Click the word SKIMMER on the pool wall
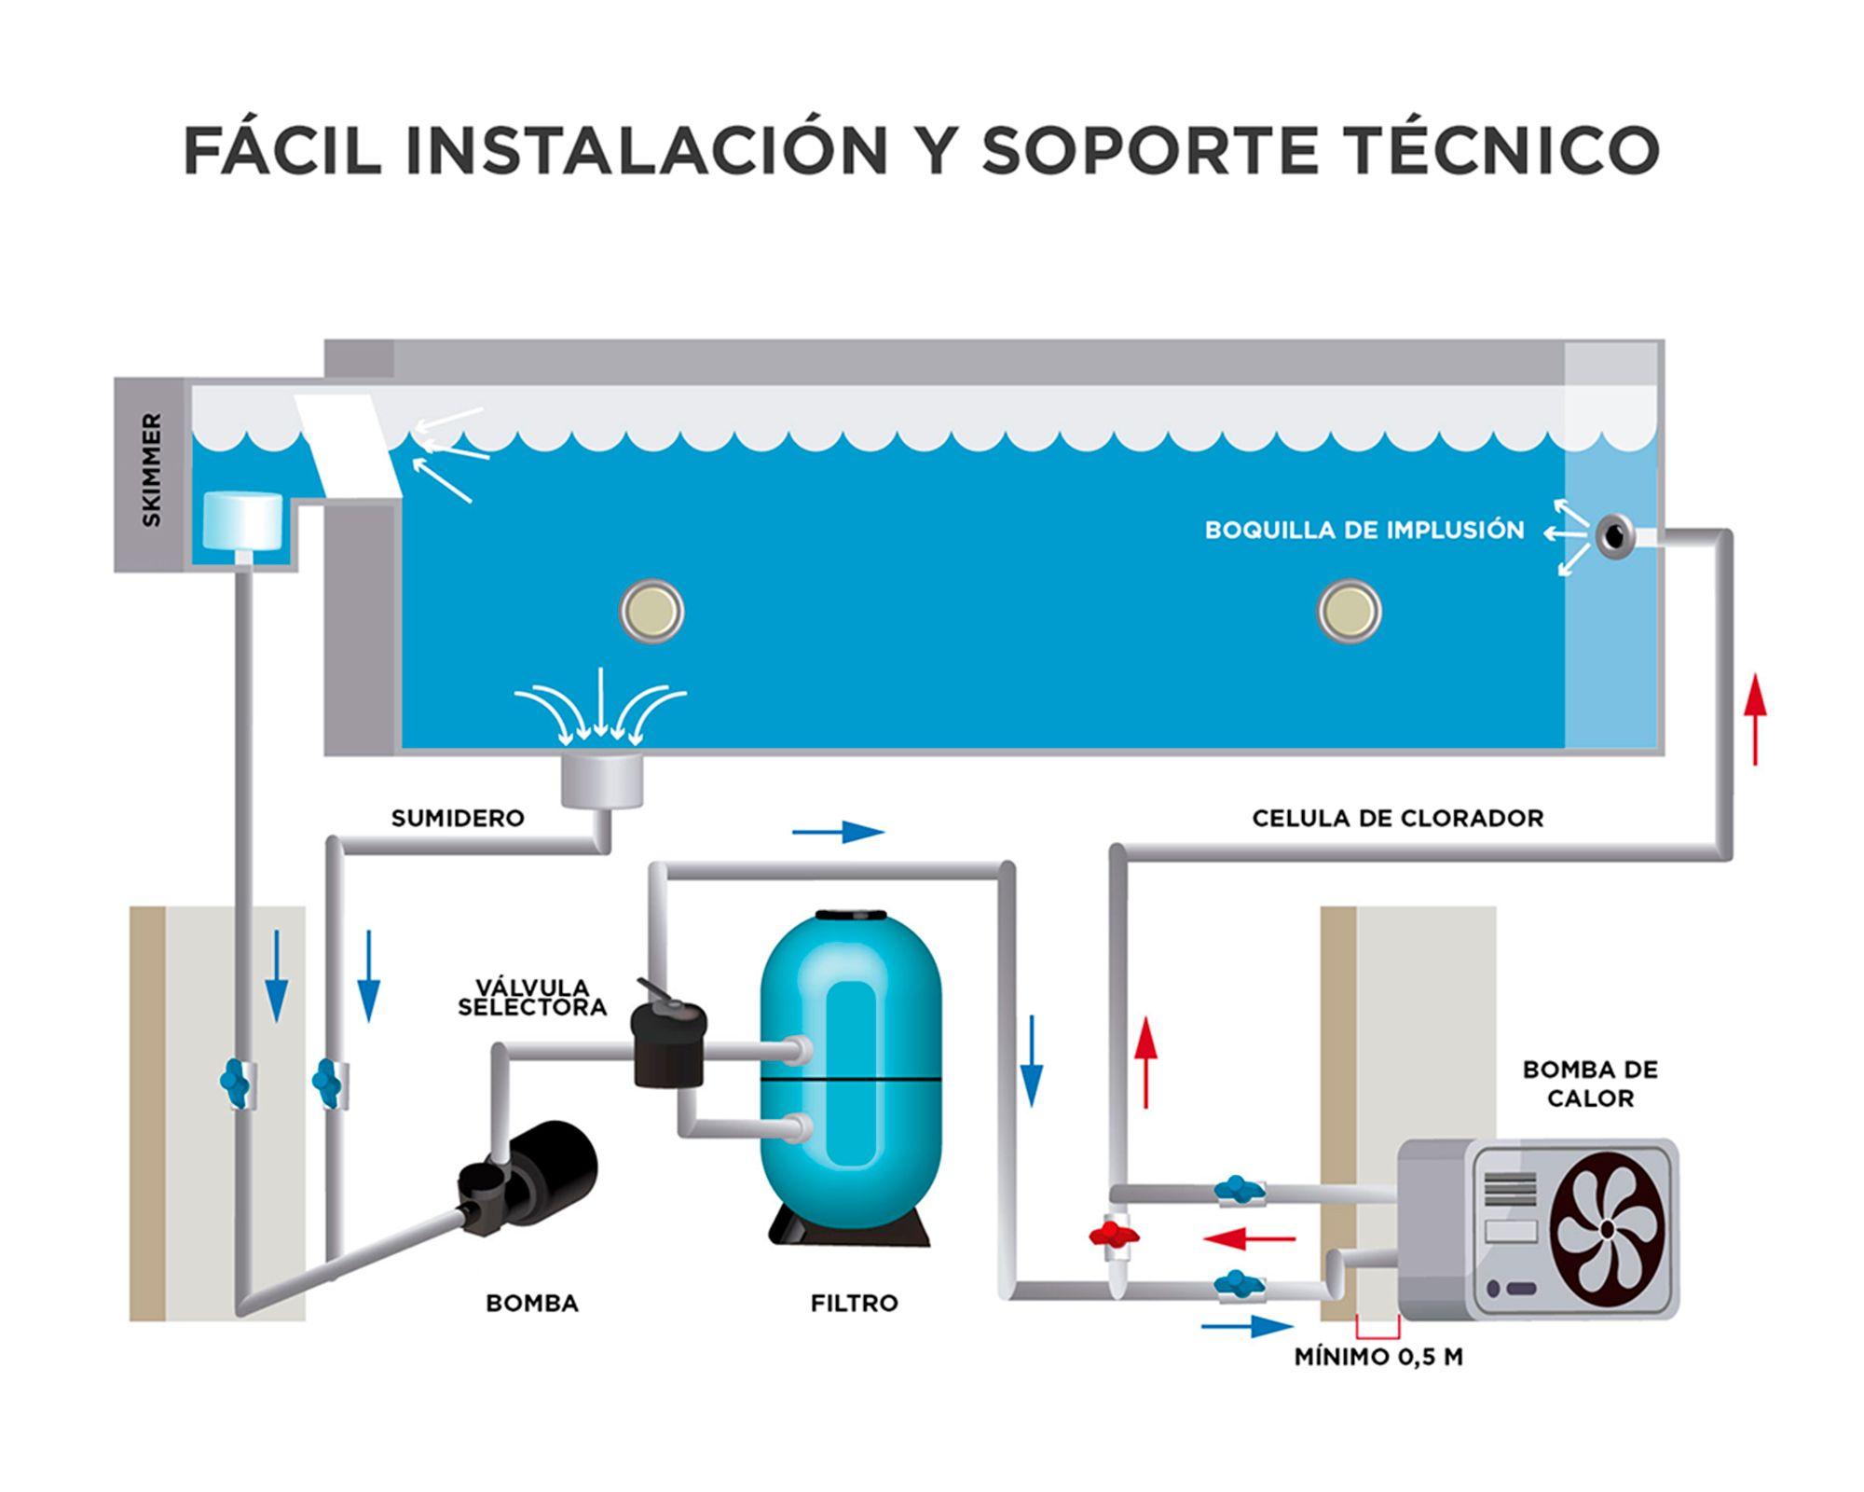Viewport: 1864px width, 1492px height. click(x=151, y=470)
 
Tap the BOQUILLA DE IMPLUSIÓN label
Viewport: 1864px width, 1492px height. click(x=1364, y=531)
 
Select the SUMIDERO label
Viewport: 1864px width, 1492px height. click(x=458, y=819)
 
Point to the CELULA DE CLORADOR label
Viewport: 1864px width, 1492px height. click(x=1397, y=819)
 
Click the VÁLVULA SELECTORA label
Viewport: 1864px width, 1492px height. click(x=532, y=998)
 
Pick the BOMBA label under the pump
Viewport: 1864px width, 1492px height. click(x=532, y=1304)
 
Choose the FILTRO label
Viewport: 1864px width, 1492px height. click(x=854, y=1304)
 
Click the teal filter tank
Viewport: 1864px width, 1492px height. click(x=850, y=1072)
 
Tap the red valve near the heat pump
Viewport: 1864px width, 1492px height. click(x=1114, y=1236)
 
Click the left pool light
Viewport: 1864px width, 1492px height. click(x=651, y=612)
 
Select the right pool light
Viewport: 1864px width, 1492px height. click(x=1349, y=612)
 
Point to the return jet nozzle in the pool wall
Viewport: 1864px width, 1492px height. click(x=1614, y=535)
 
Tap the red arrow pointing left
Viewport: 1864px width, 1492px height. click(x=1249, y=1238)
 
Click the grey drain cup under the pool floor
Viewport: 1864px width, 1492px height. click(x=602, y=780)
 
